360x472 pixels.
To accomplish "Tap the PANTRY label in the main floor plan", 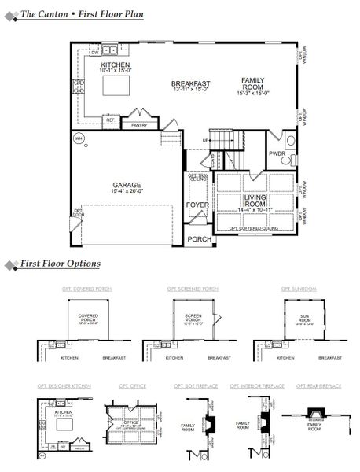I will click(139, 124).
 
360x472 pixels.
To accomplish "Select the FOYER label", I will click(197, 205).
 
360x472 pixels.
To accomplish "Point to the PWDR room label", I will click(277, 153).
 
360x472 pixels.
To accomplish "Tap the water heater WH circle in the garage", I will click(78, 138).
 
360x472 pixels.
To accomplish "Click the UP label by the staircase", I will click(206, 141).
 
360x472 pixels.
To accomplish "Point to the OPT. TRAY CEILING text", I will click(197, 179).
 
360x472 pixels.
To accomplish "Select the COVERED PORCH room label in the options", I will click(88, 318).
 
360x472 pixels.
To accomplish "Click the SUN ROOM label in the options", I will click(305, 319).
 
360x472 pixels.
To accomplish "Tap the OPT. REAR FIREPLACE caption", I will click(319, 385).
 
